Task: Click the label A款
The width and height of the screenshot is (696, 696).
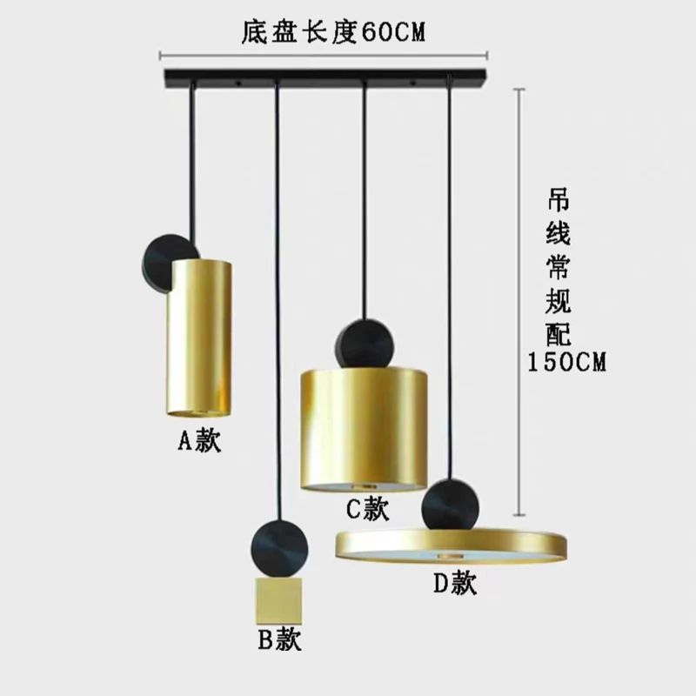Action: [x=201, y=441]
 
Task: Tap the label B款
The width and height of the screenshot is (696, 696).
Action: [x=278, y=641]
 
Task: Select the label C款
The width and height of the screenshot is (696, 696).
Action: [x=368, y=510]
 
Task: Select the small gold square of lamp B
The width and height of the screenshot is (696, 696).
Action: [x=278, y=599]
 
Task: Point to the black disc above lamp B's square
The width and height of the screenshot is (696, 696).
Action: [x=278, y=548]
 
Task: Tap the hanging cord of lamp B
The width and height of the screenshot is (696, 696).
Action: [x=277, y=304]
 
